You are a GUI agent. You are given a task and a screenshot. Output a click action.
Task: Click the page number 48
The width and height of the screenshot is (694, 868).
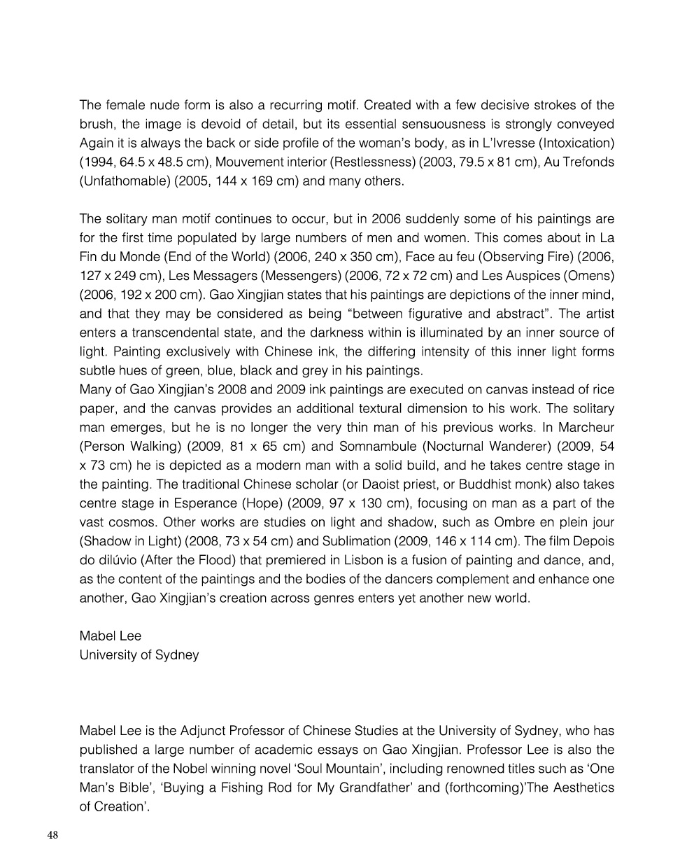[x=53, y=834]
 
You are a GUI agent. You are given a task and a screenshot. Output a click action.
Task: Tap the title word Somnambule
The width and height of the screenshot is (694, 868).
[x=381, y=446]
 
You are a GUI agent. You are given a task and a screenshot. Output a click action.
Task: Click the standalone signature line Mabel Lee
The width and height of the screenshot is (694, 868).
[x=111, y=636]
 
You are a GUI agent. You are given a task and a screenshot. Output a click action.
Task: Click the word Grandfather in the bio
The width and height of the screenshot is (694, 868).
[x=366, y=787]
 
